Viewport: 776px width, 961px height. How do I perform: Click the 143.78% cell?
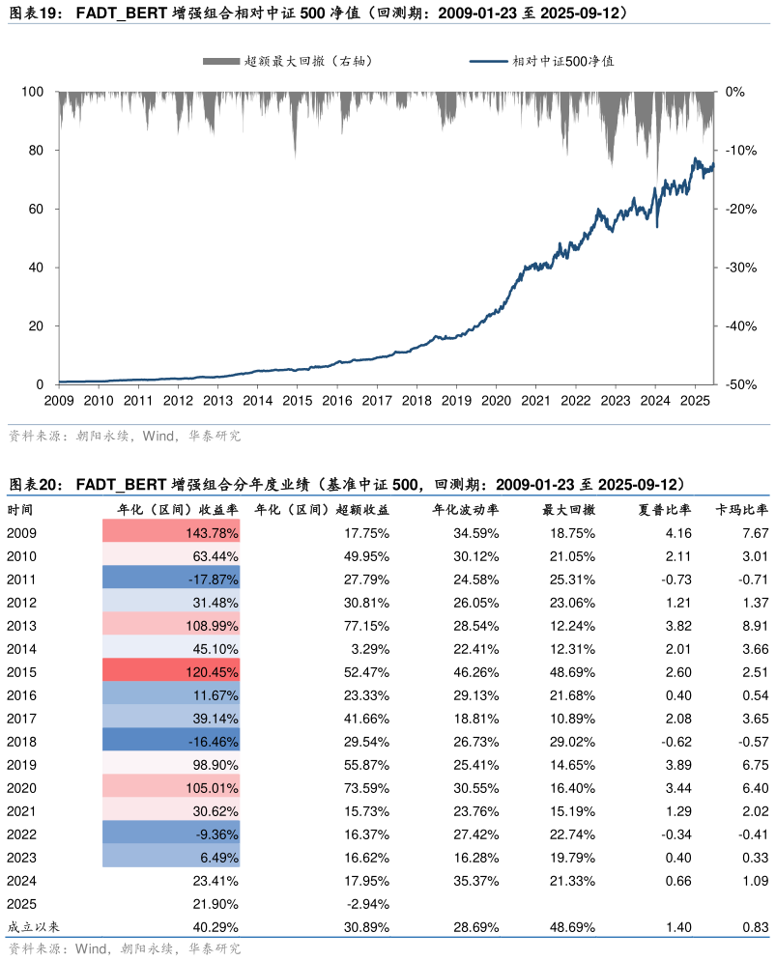point(172,532)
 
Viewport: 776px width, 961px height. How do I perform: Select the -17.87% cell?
point(172,579)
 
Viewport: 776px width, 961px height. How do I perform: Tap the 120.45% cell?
point(172,671)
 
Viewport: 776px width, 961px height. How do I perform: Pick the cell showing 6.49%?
point(172,857)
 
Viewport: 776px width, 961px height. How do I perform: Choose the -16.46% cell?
point(172,741)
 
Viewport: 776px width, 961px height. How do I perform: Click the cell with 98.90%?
point(172,764)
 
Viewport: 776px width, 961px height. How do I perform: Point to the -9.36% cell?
point(172,834)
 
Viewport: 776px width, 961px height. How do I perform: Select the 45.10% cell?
point(172,648)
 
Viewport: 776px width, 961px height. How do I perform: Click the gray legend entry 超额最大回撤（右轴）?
point(288,61)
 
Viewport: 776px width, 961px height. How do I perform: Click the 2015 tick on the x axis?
point(297,400)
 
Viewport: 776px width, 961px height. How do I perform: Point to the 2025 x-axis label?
point(694,400)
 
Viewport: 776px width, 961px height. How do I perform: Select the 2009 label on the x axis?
point(59,400)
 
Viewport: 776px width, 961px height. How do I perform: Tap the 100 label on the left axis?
point(32,92)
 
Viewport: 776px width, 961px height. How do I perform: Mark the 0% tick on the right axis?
point(734,92)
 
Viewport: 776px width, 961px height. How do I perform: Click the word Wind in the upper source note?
point(157,437)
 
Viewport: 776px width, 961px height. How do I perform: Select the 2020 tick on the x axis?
point(496,400)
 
